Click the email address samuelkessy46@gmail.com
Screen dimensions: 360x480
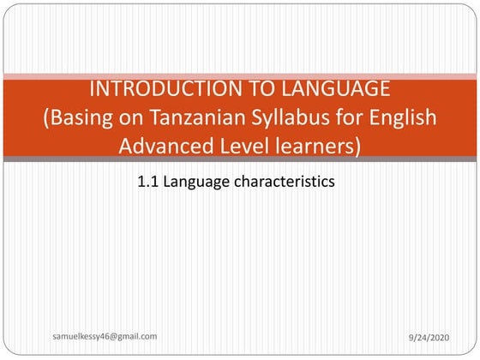[105, 338]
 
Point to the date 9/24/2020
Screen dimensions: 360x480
[429, 339]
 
